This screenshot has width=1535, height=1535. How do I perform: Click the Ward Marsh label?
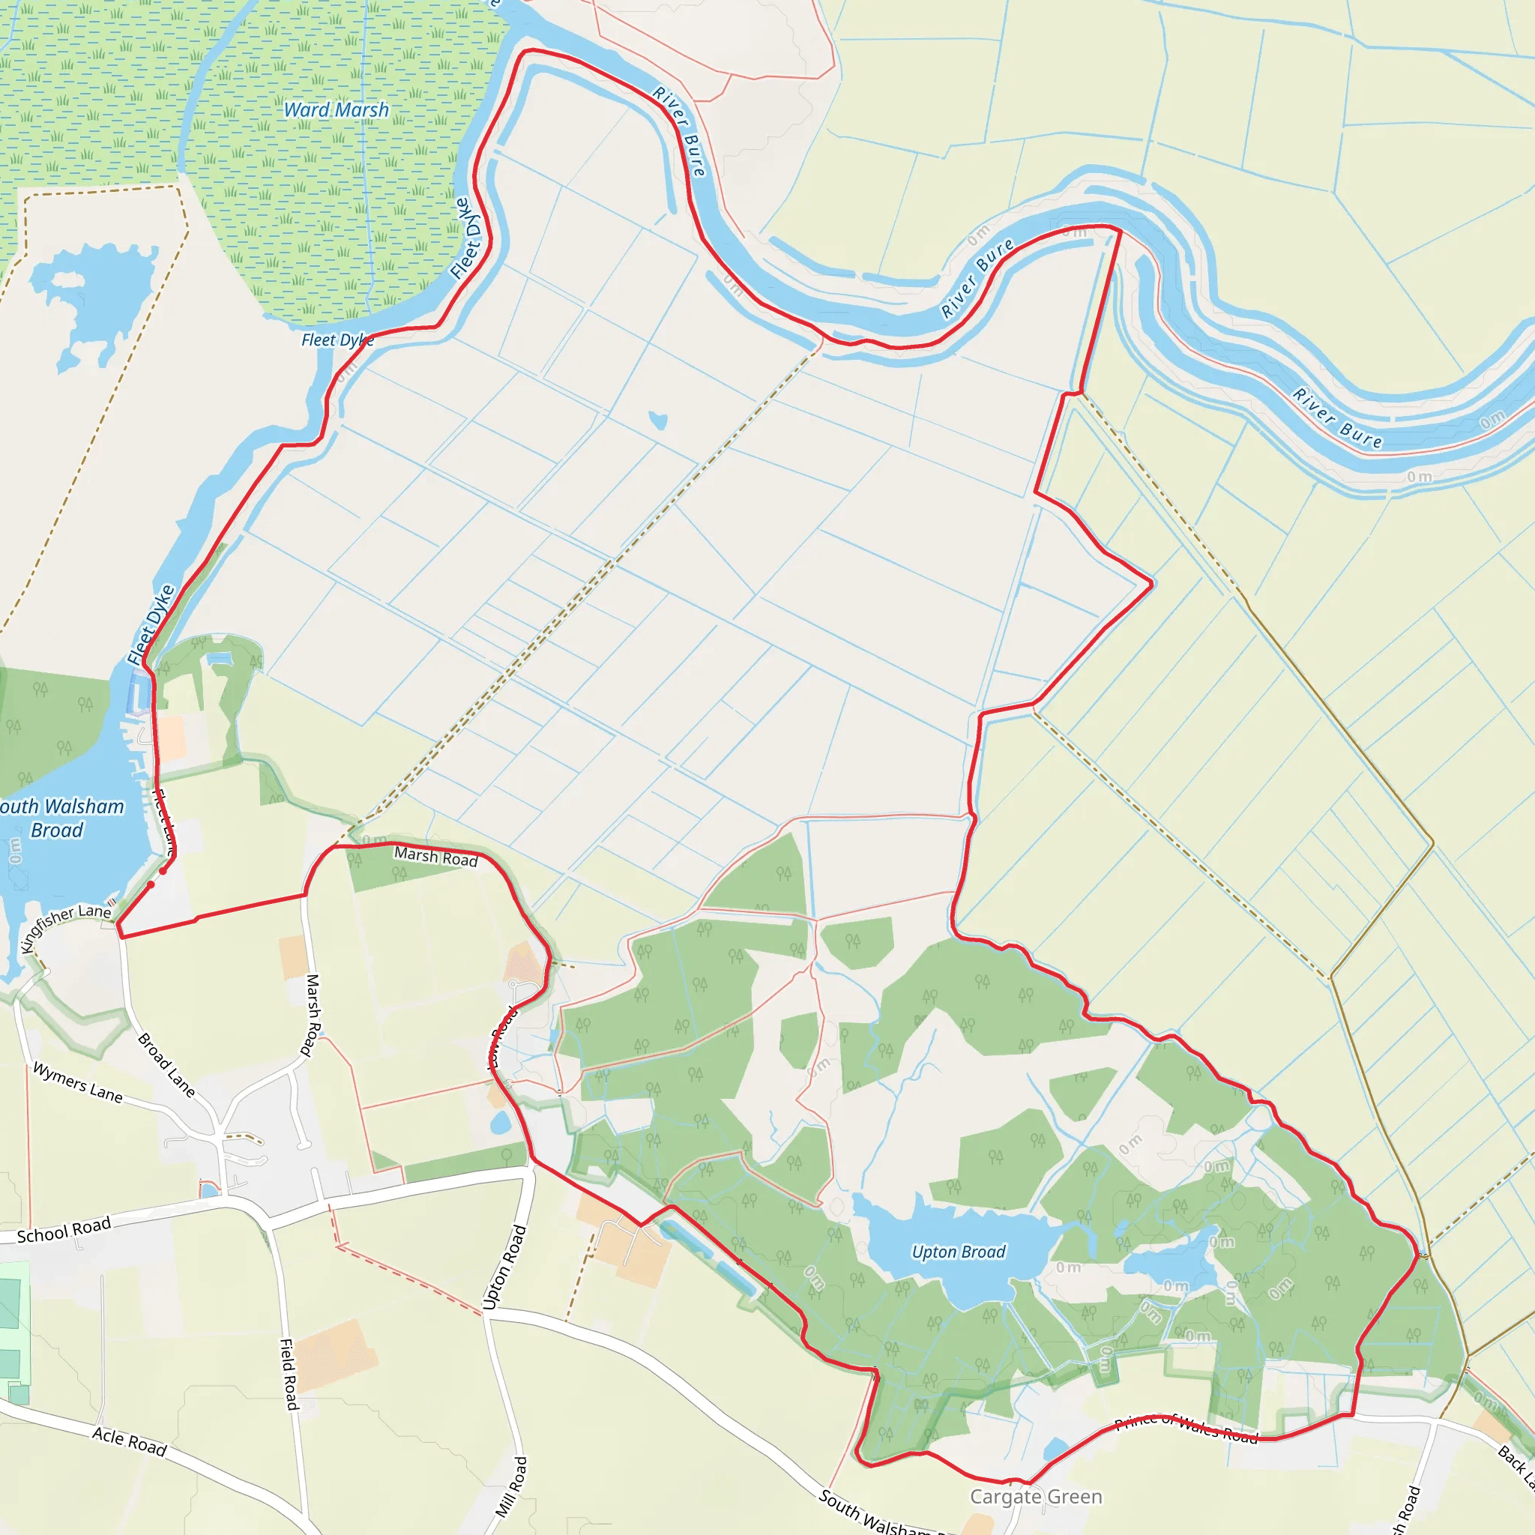click(336, 109)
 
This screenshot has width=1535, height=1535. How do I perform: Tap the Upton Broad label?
click(958, 1252)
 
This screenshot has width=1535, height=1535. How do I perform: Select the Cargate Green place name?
click(1036, 1497)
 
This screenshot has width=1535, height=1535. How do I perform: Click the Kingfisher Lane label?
click(67, 927)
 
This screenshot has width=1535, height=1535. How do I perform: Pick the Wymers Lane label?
click(78, 1082)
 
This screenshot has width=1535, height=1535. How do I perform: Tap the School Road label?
click(64, 1231)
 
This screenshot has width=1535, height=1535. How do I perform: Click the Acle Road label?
click(129, 1442)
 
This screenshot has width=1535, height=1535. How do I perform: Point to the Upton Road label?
click(504, 1267)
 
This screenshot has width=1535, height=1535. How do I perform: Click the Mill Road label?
click(511, 1486)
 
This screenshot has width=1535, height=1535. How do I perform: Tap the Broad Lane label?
click(167, 1064)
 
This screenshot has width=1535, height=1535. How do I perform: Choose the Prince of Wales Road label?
click(1186, 1428)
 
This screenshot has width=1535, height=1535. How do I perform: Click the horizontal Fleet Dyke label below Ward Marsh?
click(337, 340)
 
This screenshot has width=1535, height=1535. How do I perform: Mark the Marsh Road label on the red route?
click(435, 857)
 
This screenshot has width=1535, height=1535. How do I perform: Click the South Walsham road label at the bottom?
click(874, 1513)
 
